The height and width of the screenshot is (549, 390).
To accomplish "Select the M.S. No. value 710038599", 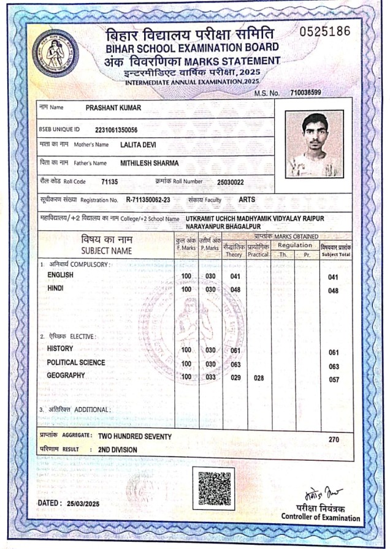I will (307, 93).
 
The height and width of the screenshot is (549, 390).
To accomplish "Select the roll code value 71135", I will (109, 182).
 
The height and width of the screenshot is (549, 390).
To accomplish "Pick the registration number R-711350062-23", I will (148, 200).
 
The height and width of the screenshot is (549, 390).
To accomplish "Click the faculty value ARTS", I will (247, 200).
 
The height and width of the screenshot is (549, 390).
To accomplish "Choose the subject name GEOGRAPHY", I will (66, 375).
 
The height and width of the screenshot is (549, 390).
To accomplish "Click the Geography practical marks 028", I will (258, 379).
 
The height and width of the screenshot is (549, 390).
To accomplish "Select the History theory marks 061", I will (235, 350).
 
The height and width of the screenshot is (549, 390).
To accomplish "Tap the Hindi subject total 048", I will (334, 290).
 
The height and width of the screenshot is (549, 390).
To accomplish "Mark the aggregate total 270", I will (334, 440).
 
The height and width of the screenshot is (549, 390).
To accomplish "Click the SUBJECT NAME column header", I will (107, 251).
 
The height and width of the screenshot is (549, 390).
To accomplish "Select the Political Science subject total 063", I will (334, 366).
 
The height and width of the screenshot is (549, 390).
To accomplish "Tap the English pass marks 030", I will (210, 276).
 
